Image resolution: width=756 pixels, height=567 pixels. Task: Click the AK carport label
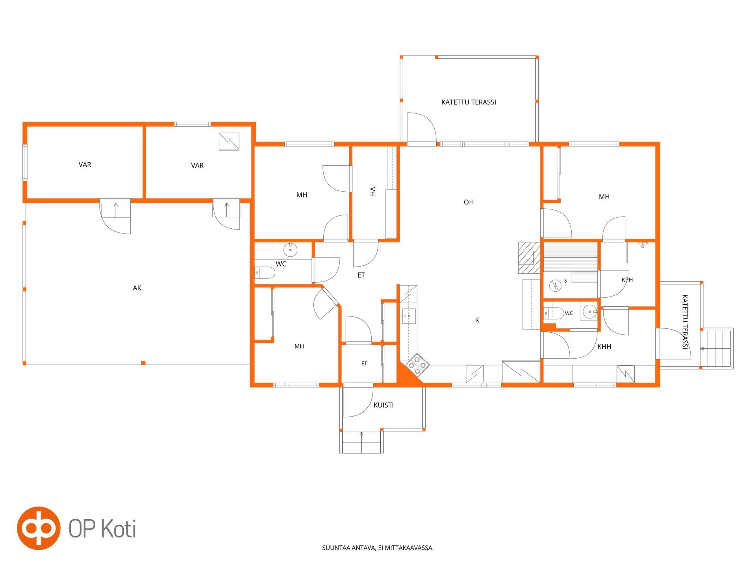coord(137,288)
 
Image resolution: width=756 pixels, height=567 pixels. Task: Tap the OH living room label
coord(469,202)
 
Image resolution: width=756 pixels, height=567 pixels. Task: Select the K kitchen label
coord(477,320)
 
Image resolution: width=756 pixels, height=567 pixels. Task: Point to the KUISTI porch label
coord(384,405)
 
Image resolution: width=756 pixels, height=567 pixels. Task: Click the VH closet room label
coord(372,191)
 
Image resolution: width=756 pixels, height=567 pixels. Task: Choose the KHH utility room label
coord(604,346)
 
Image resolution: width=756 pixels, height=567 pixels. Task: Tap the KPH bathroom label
coord(627,280)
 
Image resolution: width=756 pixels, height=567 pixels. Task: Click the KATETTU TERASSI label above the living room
coord(469,102)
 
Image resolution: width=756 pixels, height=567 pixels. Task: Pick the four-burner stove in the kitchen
coord(418,365)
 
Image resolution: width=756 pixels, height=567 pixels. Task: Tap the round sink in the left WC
coord(290,250)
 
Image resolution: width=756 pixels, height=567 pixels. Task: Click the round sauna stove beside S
coord(555,285)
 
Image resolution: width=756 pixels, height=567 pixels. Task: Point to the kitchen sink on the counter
coord(409,316)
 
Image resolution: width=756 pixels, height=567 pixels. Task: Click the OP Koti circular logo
coord(39,528)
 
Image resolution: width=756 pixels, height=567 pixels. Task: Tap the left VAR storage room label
coord(85,165)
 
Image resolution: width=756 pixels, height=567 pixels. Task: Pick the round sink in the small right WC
coord(590,311)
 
